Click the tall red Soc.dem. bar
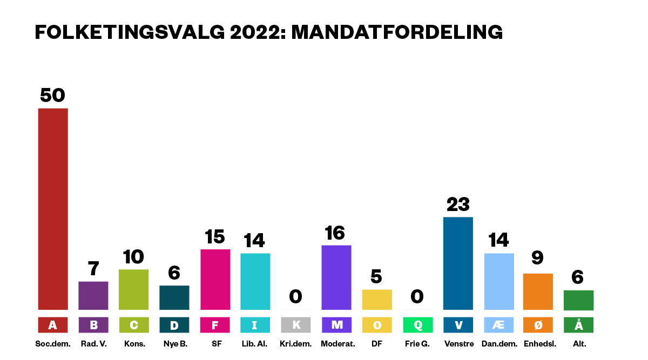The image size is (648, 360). pos(52,209)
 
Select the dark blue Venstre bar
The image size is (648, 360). pos(458,263)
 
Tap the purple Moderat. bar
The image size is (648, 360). pos(336,277)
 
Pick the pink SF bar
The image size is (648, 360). pos(215,280)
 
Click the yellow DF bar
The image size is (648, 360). pos(377,300)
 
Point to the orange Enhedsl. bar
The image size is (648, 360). pos(538,291)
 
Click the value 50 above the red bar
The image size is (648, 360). pos(52,96)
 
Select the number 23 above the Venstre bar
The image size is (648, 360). pos(458,205)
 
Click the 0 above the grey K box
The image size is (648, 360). pos(295,296)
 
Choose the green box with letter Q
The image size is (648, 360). pos(418,325)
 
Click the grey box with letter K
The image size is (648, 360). pos(296,325)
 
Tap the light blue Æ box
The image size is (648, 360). pos(499,325)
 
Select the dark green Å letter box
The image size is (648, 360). pos(578,325)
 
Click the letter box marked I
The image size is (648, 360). pos(255,325)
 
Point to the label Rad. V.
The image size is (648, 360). pos(93,344)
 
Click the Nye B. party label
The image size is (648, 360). pos(174,344)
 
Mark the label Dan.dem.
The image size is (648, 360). pos(499,344)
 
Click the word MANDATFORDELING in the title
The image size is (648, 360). pos(397,32)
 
